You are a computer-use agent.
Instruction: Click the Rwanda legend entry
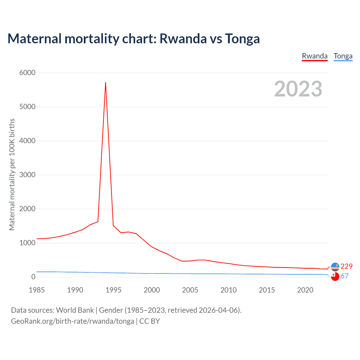[x=314, y=56]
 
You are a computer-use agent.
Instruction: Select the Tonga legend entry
[x=343, y=56]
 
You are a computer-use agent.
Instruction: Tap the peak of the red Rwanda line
[x=105, y=82]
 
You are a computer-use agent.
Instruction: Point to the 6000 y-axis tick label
[x=27, y=73]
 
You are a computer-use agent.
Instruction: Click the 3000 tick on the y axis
[x=27, y=175]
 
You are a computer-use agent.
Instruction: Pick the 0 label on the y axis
[x=33, y=277]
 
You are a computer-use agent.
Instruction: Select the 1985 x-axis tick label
[x=37, y=290]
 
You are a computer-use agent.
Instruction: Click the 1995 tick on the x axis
[x=113, y=290]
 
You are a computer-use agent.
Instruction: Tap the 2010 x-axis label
[x=228, y=290]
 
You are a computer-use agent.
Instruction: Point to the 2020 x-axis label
[x=305, y=290]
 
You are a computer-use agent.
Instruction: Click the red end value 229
[x=346, y=266]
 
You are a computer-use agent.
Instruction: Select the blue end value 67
[x=344, y=276]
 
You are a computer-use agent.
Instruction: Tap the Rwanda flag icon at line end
[x=335, y=267]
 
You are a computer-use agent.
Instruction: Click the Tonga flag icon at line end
[x=335, y=277]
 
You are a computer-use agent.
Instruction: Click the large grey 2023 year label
[x=298, y=89]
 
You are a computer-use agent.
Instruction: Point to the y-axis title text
[x=12, y=174]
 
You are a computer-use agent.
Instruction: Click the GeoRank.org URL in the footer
[x=73, y=321]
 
